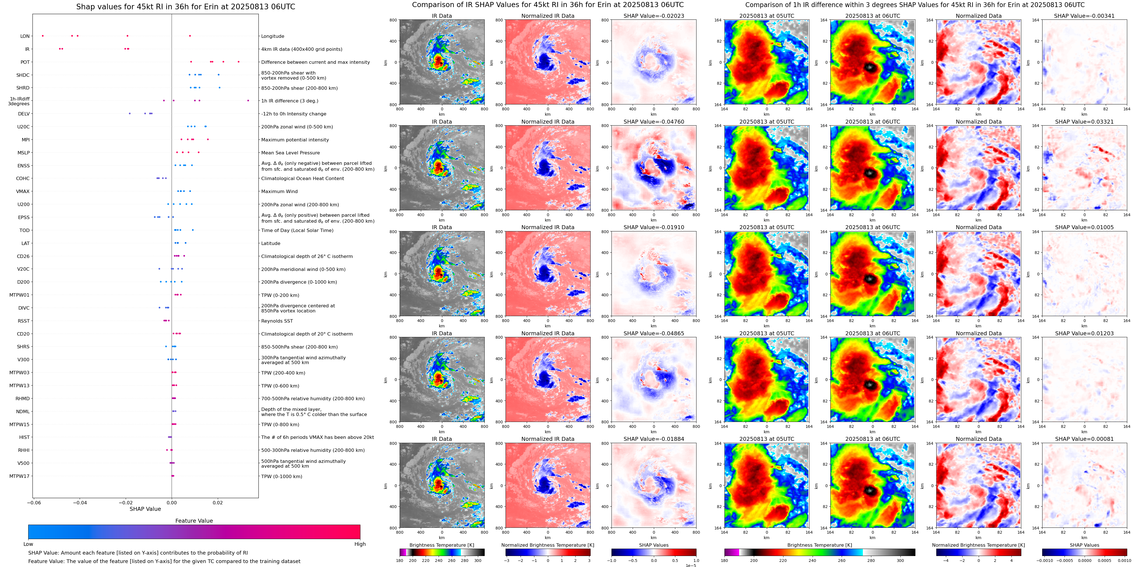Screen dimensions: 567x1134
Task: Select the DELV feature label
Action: tap(24, 114)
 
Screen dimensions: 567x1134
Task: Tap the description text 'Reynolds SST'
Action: tap(277, 321)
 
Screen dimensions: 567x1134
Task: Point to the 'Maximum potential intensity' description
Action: tap(295, 140)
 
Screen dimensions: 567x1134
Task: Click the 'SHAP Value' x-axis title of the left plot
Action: tap(145, 509)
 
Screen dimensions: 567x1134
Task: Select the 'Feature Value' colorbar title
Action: tap(194, 521)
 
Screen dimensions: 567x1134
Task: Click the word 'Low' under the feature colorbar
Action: tap(28, 544)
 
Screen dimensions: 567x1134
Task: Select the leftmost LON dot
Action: tap(43, 36)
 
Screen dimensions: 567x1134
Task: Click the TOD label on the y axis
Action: tap(24, 231)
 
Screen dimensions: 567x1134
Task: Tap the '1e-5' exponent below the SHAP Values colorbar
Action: tap(691, 565)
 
